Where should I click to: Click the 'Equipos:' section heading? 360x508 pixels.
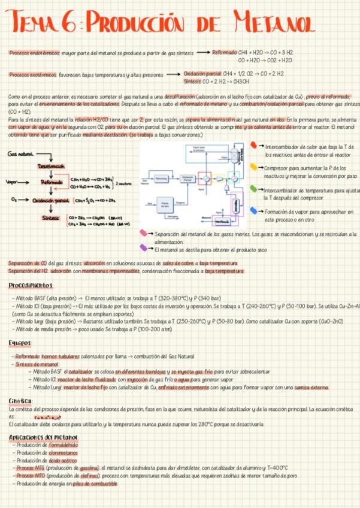21,342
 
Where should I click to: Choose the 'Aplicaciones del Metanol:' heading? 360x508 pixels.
44,437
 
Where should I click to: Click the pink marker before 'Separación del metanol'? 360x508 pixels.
144,233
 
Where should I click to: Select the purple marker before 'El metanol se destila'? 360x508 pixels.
144,247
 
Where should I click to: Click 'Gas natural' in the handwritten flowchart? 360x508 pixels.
21,154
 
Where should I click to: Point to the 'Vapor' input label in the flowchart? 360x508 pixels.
11,182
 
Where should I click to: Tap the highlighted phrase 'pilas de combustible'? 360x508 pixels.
92,483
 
